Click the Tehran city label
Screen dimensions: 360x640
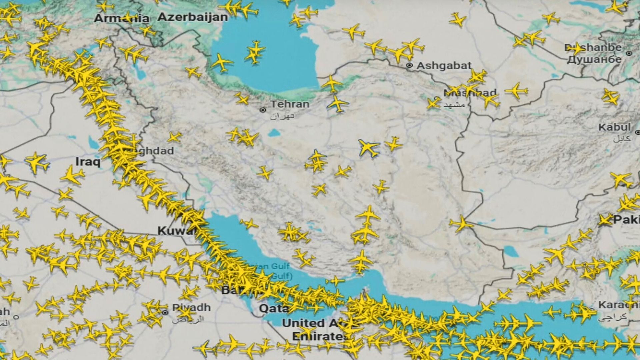tap(290, 104)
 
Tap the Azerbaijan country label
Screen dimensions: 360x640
tap(193, 17)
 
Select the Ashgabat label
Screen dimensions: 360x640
tap(444, 66)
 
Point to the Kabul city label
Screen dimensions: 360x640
tap(614, 127)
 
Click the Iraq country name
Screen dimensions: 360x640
tap(88, 162)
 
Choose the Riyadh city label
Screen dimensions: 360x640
tap(191, 307)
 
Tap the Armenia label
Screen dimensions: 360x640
tap(121, 18)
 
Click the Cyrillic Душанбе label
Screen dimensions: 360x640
tap(594, 60)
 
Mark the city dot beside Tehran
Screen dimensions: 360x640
tap(263, 110)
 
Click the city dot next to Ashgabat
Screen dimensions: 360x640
tap(409, 66)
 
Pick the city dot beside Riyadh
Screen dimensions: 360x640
tap(165, 313)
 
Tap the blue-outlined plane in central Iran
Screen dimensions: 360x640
tap(369, 148)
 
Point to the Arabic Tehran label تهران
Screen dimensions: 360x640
tap(282, 116)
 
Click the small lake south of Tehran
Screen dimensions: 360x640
tap(274, 133)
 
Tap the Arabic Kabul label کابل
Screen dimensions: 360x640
tap(622, 138)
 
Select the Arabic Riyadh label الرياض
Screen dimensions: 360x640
tap(187, 319)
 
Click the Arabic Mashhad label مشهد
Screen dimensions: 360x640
tap(454, 105)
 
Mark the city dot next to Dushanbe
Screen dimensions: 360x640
tap(629, 53)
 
